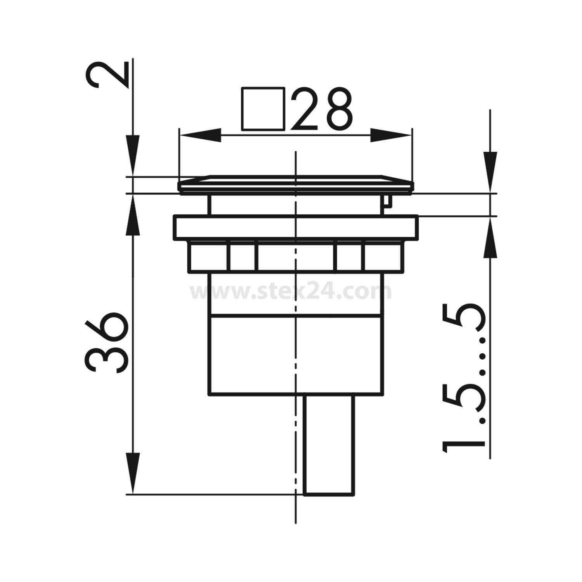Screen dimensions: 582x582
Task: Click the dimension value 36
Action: pyautogui.click(x=106, y=341)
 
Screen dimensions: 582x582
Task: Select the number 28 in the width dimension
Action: pyautogui.click(x=322, y=109)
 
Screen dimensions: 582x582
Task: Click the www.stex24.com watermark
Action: pyautogui.click(x=291, y=292)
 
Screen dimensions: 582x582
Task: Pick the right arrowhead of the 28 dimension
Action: pyautogui.click(x=390, y=135)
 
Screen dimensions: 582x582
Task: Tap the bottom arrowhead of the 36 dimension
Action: pyautogui.click(x=133, y=473)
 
